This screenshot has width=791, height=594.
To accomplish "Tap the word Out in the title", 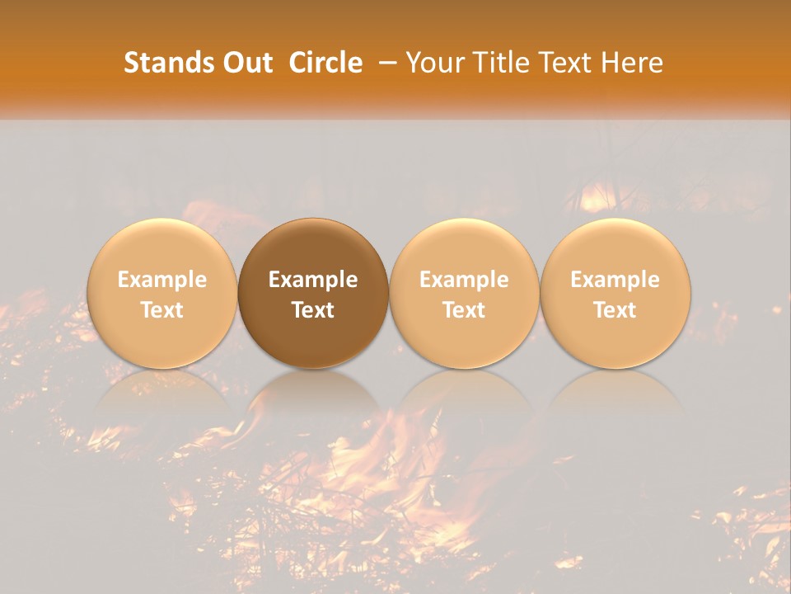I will point(246,63).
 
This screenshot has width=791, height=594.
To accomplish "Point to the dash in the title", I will point(384,64).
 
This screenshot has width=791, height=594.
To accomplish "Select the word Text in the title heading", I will point(567,63).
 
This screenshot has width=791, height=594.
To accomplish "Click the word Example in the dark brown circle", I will point(313,280).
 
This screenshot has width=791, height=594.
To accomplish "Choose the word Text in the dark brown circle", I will point(313,310).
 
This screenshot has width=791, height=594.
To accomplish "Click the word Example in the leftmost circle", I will point(161,280).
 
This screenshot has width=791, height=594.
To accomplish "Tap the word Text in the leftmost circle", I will point(161,310).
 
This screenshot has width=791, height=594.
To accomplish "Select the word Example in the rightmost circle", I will point(615,280).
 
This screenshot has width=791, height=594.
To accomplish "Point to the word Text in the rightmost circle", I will point(615,310).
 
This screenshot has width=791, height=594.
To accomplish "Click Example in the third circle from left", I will point(464,280).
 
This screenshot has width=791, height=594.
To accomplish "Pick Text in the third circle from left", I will point(464,310).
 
